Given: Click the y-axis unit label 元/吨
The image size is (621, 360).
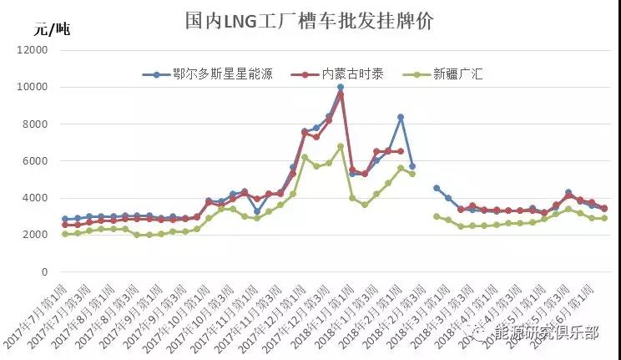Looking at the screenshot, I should pos(52,31).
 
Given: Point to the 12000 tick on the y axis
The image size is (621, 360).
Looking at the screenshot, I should pos(33,50).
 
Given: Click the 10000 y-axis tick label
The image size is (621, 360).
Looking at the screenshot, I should pos(33,87).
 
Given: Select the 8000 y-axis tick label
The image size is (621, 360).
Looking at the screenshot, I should pos(36,124).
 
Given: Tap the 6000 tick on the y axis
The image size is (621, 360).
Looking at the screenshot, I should pos(36,161).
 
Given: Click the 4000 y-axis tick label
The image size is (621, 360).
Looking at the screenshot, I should pos(36,198).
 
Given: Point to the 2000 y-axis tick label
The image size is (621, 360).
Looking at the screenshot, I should pos(36,235).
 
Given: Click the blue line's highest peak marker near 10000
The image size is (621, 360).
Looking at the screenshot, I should pos(341,87).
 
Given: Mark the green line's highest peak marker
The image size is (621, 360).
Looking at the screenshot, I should pos(341,146).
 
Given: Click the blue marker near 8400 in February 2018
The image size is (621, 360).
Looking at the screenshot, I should pos(401,117).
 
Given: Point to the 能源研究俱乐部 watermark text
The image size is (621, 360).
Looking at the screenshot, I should pos(547,332).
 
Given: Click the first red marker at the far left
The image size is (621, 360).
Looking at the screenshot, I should pos(65,225).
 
